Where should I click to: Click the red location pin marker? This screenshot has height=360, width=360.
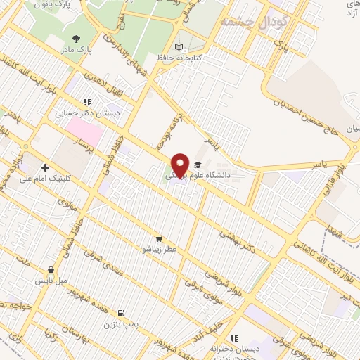pos(180,165)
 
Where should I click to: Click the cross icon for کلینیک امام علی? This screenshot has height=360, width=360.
pos(46,168)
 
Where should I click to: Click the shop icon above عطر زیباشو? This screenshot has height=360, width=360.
pos(160,238)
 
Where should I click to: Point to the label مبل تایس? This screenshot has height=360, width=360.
pos(51,280)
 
